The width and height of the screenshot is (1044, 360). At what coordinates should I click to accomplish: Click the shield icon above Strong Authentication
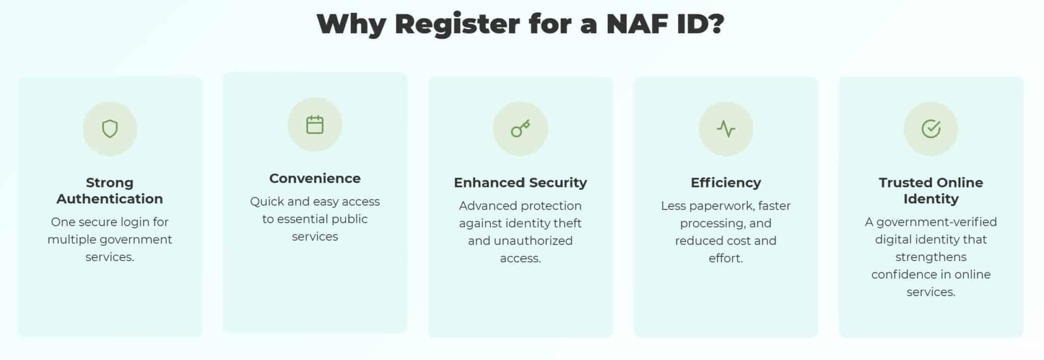[x=110, y=129]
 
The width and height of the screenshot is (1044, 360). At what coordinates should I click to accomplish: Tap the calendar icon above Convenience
[x=315, y=125]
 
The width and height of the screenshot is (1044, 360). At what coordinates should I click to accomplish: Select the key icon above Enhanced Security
[x=520, y=129]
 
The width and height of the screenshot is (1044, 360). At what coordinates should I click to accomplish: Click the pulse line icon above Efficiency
[x=725, y=129]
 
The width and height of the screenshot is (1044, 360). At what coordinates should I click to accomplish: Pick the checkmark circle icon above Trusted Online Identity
[x=931, y=129]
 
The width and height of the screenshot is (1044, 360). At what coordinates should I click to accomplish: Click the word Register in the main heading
[x=457, y=24]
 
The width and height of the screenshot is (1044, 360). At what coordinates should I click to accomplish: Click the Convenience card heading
[x=315, y=178]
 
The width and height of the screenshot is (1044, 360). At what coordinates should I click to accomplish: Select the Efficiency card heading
[x=725, y=183]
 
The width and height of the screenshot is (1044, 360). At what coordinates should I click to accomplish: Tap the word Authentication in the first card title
[x=110, y=199]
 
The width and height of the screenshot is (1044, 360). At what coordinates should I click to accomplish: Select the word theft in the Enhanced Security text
[x=567, y=223]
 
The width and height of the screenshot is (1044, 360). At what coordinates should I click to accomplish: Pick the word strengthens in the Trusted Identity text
[x=931, y=257]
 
